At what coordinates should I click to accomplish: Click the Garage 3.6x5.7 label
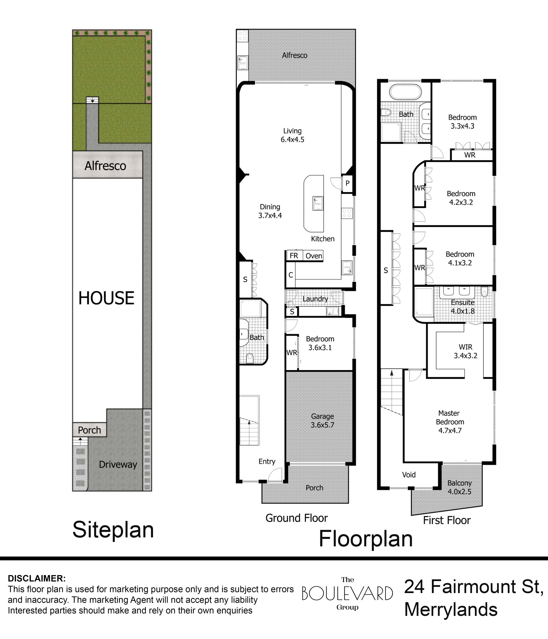pyautogui.click(x=322, y=421)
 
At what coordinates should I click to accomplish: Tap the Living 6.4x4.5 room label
pyautogui.click(x=292, y=135)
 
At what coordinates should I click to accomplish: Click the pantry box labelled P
pyautogui.click(x=347, y=183)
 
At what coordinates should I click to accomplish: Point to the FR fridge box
pyautogui.click(x=294, y=256)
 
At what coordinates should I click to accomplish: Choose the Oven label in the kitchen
pyautogui.click(x=314, y=256)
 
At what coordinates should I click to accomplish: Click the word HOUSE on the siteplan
pyautogui.click(x=106, y=298)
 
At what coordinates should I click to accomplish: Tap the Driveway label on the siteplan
pyautogui.click(x=118, y=464)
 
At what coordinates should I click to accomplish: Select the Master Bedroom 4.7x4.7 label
pyautogui.click(x=450, y=422)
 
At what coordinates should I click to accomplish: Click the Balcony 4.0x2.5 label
pyautogui.click(x=460, y=487)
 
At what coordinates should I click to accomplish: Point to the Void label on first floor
pyautogui.click(x=409, y=475)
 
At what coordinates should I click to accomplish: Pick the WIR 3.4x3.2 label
pyautogui.click(x=465, y=351)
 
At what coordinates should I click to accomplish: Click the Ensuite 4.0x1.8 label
pyautogui.click(x=463, y=307)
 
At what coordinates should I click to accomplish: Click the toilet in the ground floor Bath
pyautogui.click(x=250, y=358)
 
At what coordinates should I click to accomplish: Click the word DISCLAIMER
pyautogui.click(x=37, y=578)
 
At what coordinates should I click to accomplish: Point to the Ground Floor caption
pyautogui.click(x=297, y=518)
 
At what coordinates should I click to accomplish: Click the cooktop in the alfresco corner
pyautogui.click(x=243, y=35)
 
